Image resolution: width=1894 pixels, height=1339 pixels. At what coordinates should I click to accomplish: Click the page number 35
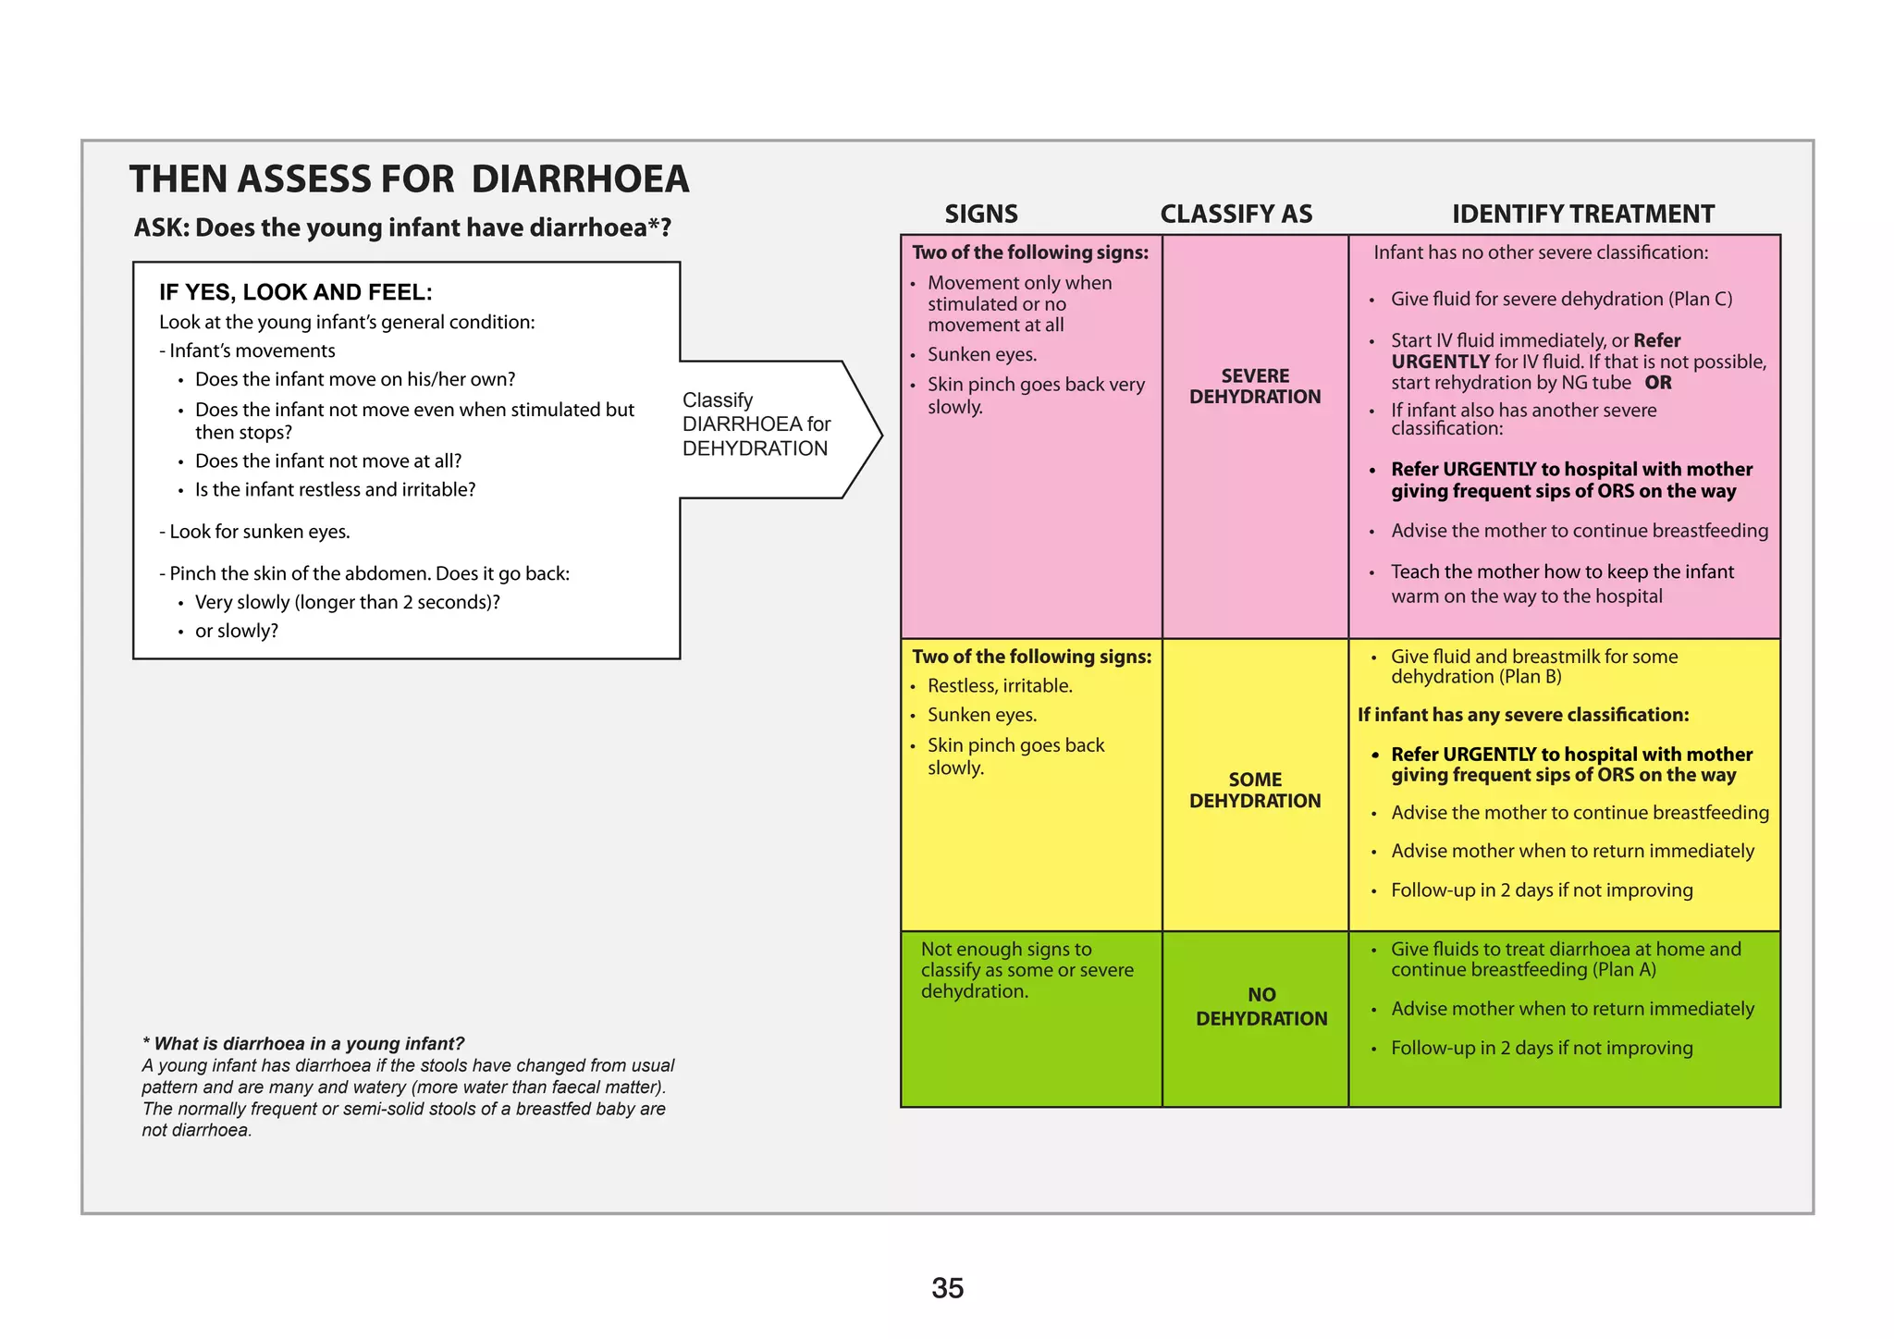coord(947,1288)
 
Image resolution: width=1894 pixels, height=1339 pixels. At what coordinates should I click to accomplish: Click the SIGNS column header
coord(980,215)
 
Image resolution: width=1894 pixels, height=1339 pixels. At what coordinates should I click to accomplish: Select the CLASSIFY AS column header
coord(1236,215)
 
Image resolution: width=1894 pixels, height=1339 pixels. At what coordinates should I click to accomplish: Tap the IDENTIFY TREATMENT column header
coord(1582,215)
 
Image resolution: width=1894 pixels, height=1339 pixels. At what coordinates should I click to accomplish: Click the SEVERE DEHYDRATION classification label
coord(1255,387)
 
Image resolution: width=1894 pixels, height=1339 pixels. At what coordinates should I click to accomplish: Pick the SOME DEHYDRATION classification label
coord(1255,791)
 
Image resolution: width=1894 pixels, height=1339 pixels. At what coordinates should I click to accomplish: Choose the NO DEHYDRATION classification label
coord(1261,1007)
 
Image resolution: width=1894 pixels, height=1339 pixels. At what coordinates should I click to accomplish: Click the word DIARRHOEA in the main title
coord(580,179)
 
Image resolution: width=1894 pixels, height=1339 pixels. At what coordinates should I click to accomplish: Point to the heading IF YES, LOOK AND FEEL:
coord(295,292)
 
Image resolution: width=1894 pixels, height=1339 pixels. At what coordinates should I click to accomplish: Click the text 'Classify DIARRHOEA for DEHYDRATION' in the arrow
coord(756,424)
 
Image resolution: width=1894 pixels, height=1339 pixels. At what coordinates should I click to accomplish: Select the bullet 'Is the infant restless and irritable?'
coord(335,489)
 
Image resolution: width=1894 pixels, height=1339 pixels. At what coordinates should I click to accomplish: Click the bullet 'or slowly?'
coord(236,631)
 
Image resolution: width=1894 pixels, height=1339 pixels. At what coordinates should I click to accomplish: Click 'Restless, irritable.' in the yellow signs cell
coord(1000,686)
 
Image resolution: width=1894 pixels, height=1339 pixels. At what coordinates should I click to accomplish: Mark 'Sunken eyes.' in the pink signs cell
coord(982,354)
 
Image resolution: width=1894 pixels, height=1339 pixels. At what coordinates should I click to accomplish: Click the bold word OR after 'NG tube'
coord(1658,383)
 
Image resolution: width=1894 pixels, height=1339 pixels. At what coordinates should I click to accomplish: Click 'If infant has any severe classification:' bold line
coord(1523,715)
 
